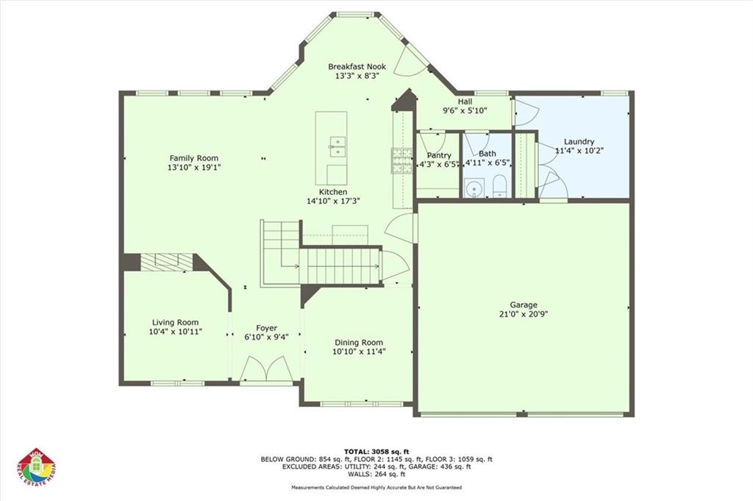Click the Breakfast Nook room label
pos(357,66)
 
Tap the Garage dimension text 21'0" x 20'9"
pos(524,313)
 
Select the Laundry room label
pos(579,142)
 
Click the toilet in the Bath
pos(499,187)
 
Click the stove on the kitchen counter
pos(401,160)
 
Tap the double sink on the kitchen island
pos(338,146)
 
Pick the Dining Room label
pos(359,342)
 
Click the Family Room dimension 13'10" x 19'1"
pos(194,167)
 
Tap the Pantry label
pos(438,155)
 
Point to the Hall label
pos(465,102)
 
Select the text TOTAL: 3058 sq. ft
pos(376,450)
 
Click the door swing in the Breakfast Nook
pos(408,63)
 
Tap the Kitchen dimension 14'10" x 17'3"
pos(333,201)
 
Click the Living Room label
pos(175,322)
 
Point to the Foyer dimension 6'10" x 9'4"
pos(266,337)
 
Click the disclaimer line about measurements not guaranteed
pos(376,487)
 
